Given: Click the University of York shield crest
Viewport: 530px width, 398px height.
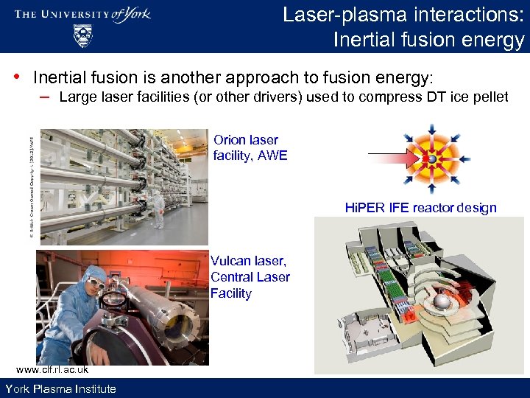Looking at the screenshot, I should [x=83, y=35].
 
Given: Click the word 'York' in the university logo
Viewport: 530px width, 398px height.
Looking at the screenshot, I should [x=134, y=13].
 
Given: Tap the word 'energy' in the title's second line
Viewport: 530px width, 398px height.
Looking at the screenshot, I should [x=492, y=39].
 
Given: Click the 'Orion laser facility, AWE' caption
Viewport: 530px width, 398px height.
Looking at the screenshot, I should [x=250, y=147].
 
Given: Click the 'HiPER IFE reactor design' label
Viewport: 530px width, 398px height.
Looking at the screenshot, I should [x=420, y=207].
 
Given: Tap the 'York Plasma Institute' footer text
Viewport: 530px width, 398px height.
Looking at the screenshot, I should [x=60, y=388].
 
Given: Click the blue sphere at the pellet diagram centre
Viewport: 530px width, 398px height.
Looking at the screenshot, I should [x=432, y=157].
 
